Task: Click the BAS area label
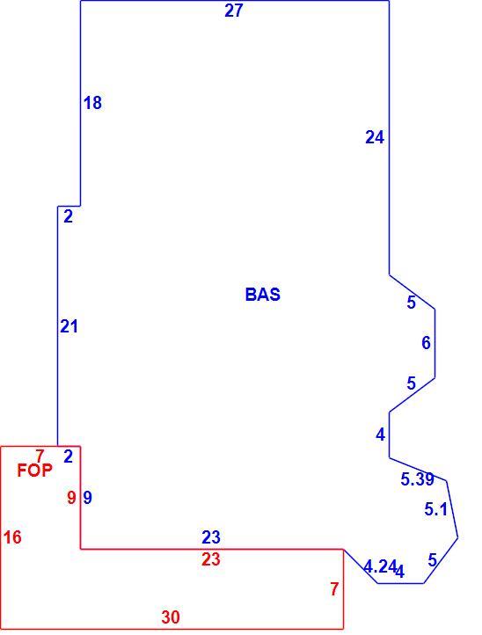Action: click(262, 295)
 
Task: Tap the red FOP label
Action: click(35, 471)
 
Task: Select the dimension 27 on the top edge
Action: click(234, 11)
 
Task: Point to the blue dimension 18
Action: click(92, 103)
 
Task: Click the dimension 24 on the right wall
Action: click(375, 138)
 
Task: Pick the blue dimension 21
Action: click(69, 326)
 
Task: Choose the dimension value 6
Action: click(426, 343)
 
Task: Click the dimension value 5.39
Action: click(417, 479)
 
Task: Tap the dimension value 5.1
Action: click(436, 509)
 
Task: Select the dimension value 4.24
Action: click(379, 566)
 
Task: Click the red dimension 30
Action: click(171, 617)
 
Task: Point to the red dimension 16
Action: click(12, 537)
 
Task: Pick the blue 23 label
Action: click(211, 537)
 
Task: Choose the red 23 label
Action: click(211, 559)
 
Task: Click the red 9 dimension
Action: click(72, 497)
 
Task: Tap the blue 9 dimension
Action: click(87, 497)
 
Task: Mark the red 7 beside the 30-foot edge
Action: click(333, 589)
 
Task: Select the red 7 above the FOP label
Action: click(40, 456)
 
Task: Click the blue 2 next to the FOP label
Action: click(68, 456)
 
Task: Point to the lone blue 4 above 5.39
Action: click(380, 434)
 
